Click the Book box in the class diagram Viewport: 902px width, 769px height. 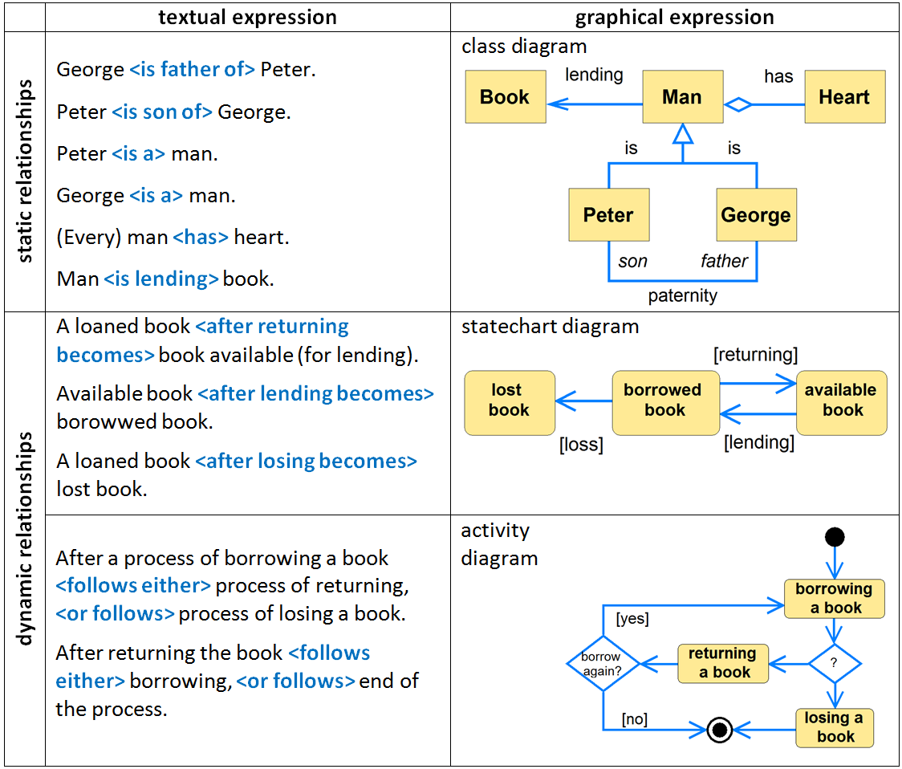(x=506, y=97)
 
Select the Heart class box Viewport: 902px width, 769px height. (x=844, y=97)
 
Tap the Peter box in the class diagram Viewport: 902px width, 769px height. (x=608, y=215)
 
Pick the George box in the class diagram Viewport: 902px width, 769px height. (x=756, y=215)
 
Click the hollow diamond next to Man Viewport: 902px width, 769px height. (x=738, y=104)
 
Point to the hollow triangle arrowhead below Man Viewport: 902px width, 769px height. (x=682, y=134)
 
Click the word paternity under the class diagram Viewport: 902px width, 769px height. (x=682, y=296)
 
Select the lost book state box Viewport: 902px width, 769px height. (x=510, y=400)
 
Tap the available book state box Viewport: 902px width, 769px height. (x=842, y=400)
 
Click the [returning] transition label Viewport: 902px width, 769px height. (x=755, y=354)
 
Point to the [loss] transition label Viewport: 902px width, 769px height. (x=581, y=444)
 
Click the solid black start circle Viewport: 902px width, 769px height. (x=835, y=537)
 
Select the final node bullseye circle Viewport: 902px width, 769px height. (x=720, y=730)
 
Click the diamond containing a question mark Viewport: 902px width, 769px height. (x=835, y=664)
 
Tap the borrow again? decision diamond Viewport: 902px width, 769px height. (x=603, y=664)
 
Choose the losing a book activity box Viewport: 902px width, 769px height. (x=835, y=727)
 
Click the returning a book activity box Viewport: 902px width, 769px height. (x=722, y=663)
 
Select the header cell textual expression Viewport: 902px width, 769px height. (x=247, y=18)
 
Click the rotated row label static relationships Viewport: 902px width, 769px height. (x=25, y=171)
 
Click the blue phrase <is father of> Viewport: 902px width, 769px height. (x=192, y=70)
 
